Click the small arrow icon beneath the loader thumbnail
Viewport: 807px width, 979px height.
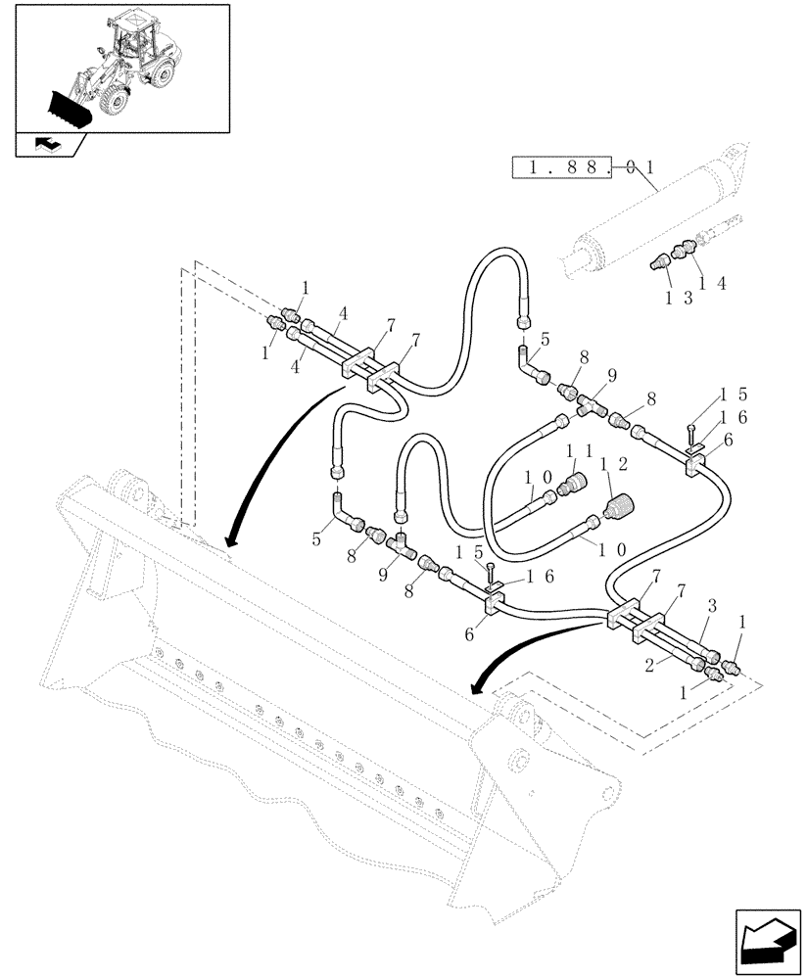click(46, 145)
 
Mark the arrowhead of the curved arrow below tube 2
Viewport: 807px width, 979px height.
click(477, 688)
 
